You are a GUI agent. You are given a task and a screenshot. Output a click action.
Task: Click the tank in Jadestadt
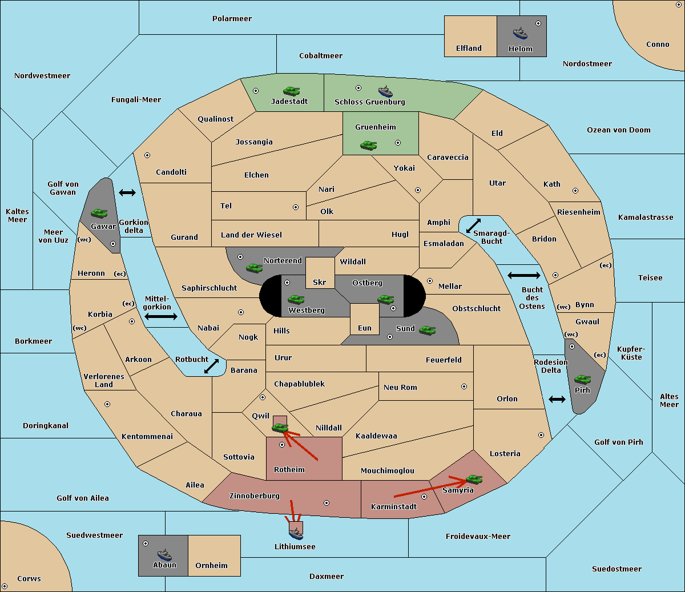point(291,91)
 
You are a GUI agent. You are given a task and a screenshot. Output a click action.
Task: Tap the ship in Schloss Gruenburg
point(385,91)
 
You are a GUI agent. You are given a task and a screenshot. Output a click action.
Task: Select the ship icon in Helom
point(520,33)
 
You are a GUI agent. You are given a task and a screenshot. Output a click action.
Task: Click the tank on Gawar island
point(99,213)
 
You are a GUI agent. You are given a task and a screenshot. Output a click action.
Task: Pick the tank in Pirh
point(583,379)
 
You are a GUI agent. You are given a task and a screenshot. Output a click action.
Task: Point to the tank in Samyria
point(474,479)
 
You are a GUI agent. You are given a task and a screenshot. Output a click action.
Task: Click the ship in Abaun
point(164,554)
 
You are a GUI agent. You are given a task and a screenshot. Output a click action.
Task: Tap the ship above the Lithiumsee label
point(296,533)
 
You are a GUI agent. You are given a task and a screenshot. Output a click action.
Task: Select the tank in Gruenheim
point(369,146)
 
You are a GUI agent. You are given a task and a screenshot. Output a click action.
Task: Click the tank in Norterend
point(255,268)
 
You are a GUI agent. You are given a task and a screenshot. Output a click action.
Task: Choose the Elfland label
point(469,49)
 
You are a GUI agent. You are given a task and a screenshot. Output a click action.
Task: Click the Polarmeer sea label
point(232,19)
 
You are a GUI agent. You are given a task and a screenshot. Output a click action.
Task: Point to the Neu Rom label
point(400,388)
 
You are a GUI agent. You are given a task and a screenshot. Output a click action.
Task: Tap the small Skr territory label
point(320,283)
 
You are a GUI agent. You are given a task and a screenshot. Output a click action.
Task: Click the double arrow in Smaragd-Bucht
point(474,226)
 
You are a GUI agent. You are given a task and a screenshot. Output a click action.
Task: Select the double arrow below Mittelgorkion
point(160,316)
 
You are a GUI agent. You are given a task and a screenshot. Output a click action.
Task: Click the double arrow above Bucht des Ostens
point(523,276)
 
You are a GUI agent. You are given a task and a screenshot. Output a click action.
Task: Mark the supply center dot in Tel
point(296,207)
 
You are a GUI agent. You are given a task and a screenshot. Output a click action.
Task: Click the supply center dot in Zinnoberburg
point(327,503)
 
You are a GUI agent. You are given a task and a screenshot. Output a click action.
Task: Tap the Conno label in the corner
point(658,45)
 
